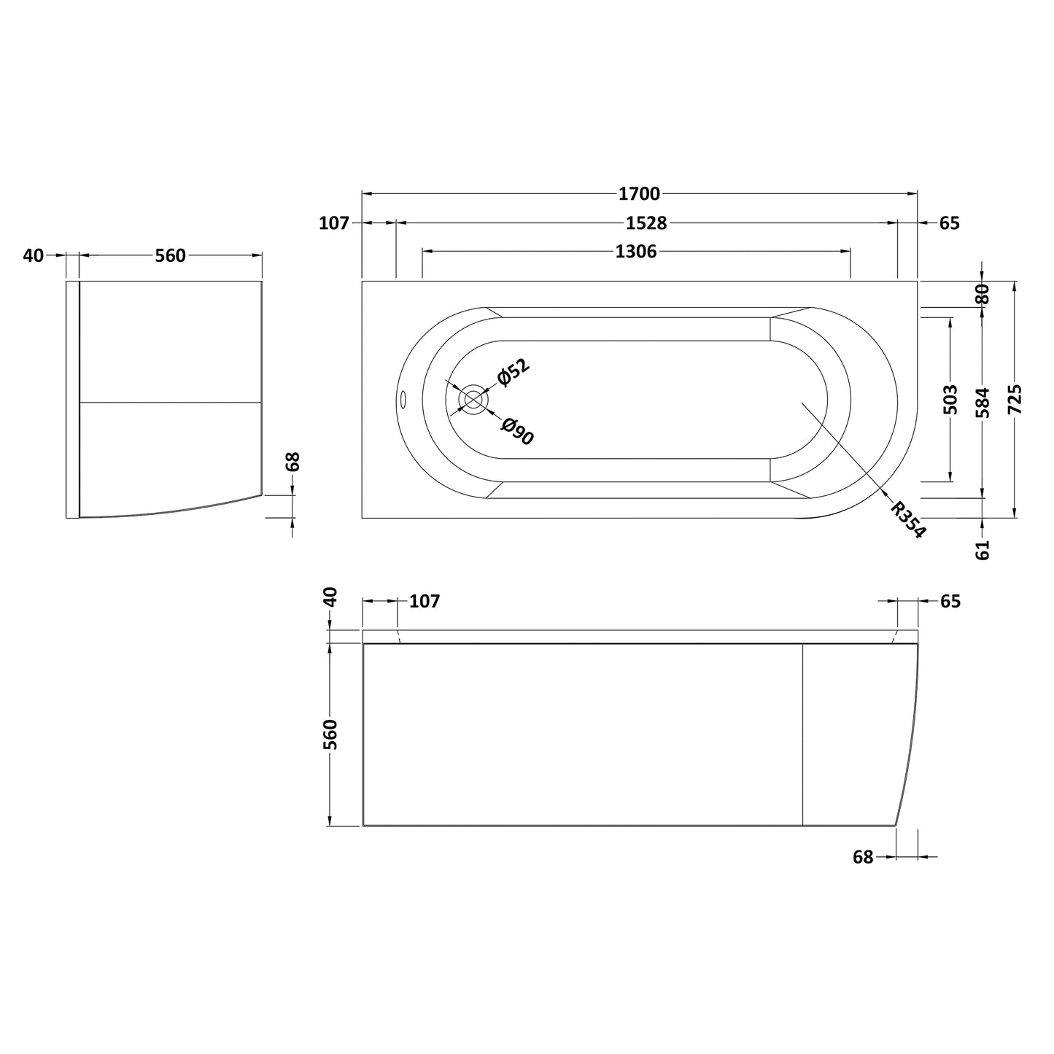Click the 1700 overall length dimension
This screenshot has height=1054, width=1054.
(x=640, y=193)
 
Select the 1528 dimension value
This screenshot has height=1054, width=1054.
(x=646, y=223)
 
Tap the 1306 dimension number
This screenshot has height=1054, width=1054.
(x=635, y=252)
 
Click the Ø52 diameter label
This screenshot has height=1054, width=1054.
(x=514, y=373)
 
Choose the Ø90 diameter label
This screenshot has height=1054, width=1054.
(x=517, y=431)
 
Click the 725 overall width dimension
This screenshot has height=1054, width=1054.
(x=1015, y=399)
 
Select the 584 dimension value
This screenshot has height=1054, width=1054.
(x=983, y=403)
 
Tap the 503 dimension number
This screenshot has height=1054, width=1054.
(x=951, y=400)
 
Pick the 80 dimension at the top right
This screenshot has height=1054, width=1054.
(x=983, y=294)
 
